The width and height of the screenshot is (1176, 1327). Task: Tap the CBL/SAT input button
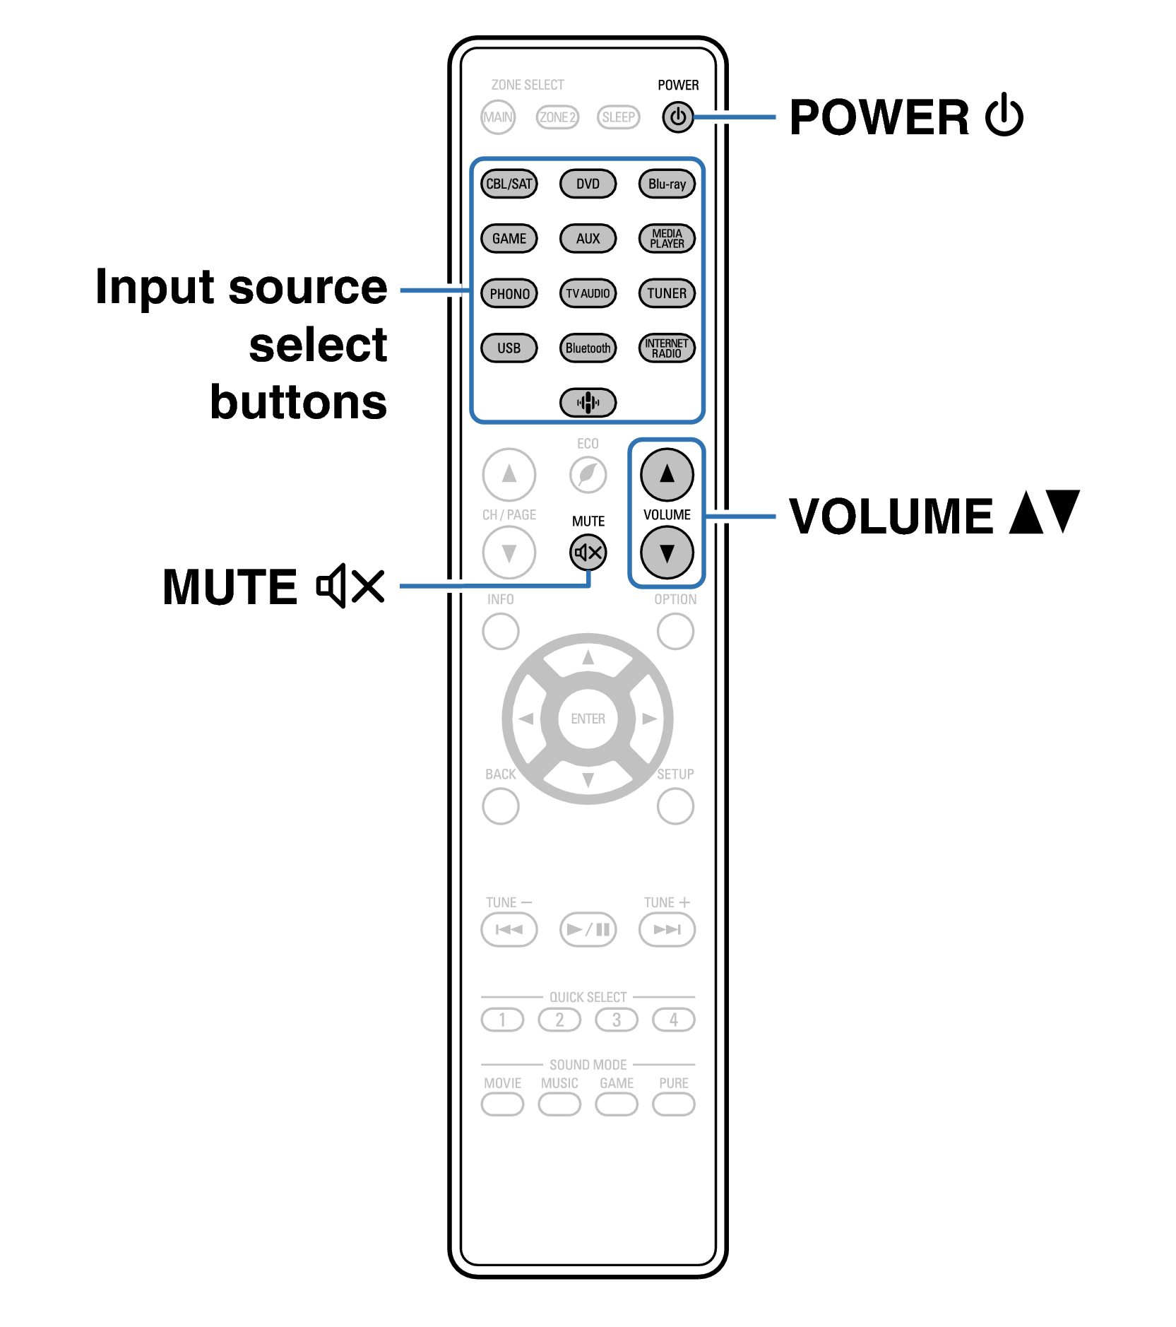509,184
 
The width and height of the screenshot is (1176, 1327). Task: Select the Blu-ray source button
667,184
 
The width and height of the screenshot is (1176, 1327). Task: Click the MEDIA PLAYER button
667,238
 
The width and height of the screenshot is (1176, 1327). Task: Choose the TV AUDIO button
588,293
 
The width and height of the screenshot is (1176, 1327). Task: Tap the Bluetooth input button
588,348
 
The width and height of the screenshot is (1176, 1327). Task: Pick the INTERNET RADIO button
667,348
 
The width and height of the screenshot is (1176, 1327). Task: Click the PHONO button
509,293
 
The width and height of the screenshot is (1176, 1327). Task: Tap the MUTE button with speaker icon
588,553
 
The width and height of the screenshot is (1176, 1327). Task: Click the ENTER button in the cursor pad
588,719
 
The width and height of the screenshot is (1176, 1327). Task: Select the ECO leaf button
588,474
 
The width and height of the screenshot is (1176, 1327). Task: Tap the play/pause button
588,929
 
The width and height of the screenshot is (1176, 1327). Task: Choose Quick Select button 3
616,1020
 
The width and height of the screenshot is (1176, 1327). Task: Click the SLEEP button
618,117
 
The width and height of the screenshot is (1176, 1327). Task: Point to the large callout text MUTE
230,587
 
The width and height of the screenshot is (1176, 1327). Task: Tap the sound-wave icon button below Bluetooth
588,403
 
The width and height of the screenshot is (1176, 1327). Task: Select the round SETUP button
675,806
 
